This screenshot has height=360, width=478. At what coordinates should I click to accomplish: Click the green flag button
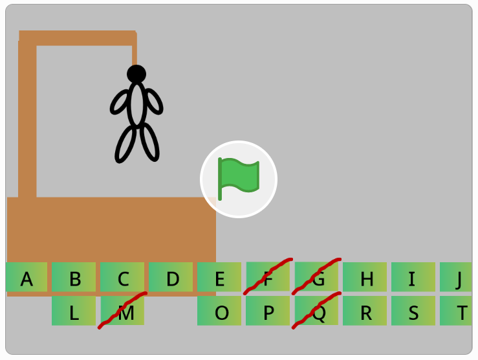click(239, 179)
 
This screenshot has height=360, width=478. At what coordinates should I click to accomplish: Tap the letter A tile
click(27, 278)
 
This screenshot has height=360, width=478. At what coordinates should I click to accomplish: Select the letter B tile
click(74, 278)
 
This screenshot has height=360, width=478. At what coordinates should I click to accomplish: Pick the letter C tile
click(122, 278)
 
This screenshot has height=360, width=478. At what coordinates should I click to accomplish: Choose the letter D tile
click(171, 278)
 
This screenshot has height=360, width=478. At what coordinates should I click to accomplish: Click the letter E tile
click(219, 278)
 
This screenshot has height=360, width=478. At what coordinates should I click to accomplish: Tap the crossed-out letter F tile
click(268, 278)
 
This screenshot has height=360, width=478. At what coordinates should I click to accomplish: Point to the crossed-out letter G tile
click(317, 278)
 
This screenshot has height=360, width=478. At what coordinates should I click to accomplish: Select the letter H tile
click(365, 278)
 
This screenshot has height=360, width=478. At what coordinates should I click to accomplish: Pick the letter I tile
click(413, 278)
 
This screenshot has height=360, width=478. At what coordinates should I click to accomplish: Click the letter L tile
click(74, 311)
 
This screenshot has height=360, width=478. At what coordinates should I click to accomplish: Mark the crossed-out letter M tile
click(122, 311)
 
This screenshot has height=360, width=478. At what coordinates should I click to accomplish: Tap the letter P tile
click(268, 311)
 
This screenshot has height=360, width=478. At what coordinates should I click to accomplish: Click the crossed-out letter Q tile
click(317, 311)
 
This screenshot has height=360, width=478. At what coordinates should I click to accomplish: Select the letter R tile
click(365, 311)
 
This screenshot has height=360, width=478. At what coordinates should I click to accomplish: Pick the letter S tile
click(413, 311)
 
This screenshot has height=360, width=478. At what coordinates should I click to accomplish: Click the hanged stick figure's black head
click(136, 74)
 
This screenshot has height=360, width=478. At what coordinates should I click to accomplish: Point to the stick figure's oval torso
click(136, 104)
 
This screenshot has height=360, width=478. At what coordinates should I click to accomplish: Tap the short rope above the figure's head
click(135, 54)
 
